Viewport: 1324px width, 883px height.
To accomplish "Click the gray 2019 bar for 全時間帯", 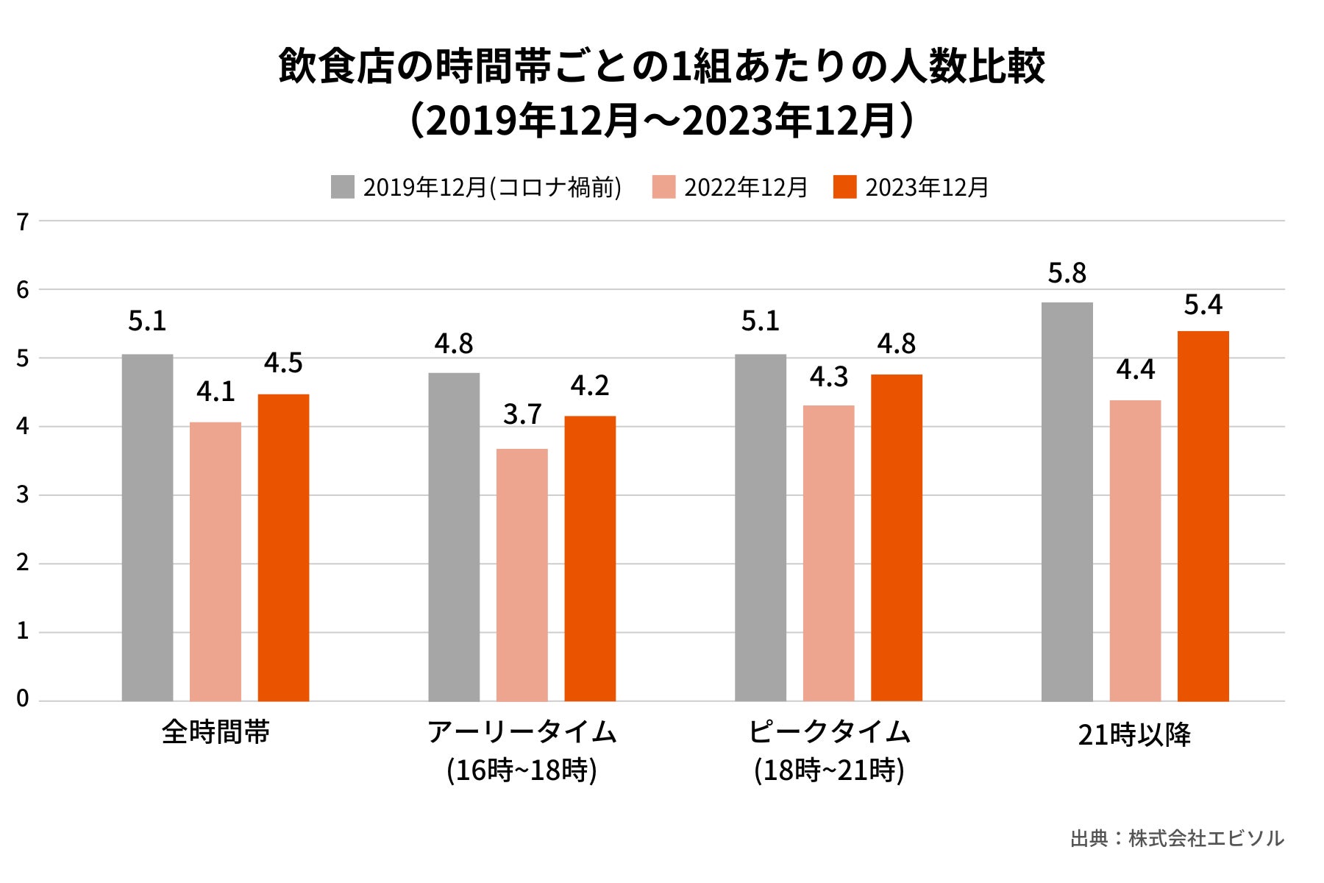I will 147,528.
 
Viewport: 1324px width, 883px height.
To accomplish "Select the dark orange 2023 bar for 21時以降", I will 1203,516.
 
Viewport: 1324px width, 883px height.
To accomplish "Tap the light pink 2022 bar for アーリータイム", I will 522,575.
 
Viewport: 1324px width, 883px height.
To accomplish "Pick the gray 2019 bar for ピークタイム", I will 760,528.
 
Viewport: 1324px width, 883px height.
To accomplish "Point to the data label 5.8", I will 1067,274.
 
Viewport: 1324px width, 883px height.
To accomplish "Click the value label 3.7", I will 522,415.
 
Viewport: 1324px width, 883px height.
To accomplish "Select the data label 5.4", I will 1203,305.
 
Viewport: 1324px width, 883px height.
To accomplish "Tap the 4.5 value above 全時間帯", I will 283,364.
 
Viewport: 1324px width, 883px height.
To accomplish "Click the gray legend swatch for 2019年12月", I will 342,187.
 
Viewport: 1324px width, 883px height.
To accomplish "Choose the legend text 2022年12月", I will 746,188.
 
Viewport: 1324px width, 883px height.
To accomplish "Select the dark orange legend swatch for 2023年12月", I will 844,187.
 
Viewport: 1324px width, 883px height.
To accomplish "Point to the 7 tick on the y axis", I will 23,221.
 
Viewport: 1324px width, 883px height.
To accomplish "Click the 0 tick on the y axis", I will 23,699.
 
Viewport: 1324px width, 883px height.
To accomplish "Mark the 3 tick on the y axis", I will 23,494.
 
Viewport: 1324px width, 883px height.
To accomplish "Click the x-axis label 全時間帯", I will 216,732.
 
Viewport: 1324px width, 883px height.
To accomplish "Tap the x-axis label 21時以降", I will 1134,734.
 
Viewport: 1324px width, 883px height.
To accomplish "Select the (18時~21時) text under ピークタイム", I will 829,770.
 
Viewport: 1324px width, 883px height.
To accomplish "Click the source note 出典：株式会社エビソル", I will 1176,838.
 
